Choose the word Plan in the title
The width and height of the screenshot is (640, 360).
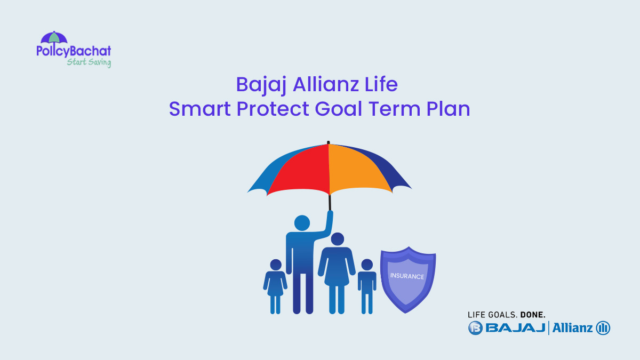click(x=448, y=109)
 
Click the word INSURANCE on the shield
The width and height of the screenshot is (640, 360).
click(x=407, y=276)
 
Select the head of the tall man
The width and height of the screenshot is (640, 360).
click(x=302, y=222)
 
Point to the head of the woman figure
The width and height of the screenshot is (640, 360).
click(x=337, y=239)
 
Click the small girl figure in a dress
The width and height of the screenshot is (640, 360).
click(x=275, y=285)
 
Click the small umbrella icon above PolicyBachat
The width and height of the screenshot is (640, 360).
click(x=54, y=38)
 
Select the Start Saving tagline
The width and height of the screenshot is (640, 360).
click(x=89, y=62)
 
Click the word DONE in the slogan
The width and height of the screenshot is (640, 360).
click(x=532, y=315)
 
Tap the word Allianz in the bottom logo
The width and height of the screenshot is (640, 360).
click(x=572, y=327)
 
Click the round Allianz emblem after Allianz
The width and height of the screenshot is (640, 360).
click(x=603, y=327)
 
